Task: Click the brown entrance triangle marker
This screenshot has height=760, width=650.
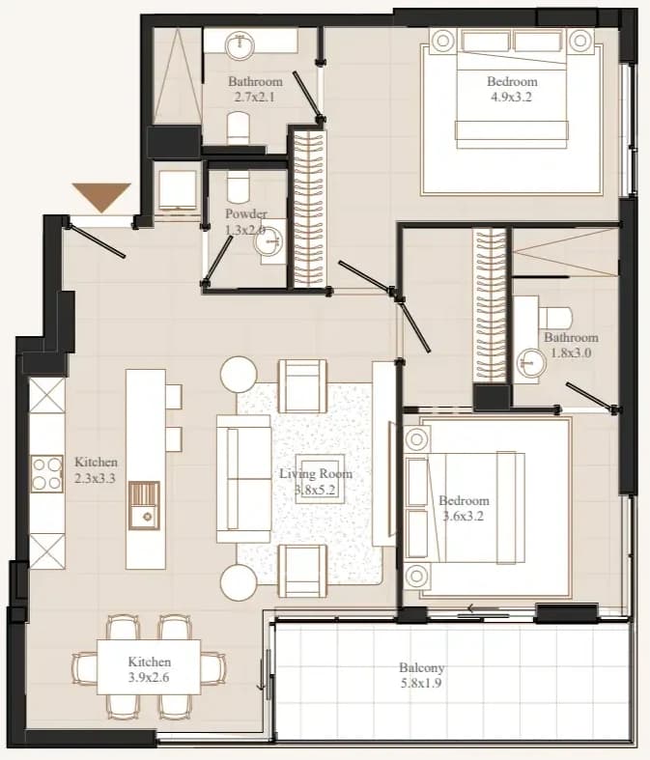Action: [x=101, y=195]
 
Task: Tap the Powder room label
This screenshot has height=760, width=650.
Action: [x=245, y=221]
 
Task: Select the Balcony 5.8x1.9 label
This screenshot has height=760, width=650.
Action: [x=421, y=675]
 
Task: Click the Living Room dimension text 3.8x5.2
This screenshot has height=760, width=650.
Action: [x=315, y=489]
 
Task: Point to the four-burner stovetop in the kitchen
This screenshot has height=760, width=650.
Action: [x=47, y=473]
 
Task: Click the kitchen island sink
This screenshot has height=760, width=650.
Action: [x=144, y=505]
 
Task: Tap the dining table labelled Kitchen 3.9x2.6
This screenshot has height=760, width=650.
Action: [x=149, y=667]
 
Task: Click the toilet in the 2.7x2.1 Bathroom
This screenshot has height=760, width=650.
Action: [x=238, y=128]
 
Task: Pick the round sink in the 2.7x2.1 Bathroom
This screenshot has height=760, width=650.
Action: [x=239, y=44]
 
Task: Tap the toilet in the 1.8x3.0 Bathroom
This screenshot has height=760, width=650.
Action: [x=555, y=318]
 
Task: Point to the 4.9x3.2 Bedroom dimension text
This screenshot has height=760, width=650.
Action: [x=511, y=97]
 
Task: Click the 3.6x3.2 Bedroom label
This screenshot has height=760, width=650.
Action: [x=464, y=508]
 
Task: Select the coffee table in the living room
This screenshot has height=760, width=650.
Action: [x=320, y=478]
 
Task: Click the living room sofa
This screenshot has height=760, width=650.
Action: [x=243, y=478]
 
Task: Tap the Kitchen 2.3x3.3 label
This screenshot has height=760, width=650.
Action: [x=96, y=470]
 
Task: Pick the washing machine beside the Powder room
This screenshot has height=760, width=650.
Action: [x=178, y=190]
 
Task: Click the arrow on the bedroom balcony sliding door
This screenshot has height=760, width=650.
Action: [x=483, y=608]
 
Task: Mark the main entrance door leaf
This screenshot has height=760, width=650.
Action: [x=96, y=240]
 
